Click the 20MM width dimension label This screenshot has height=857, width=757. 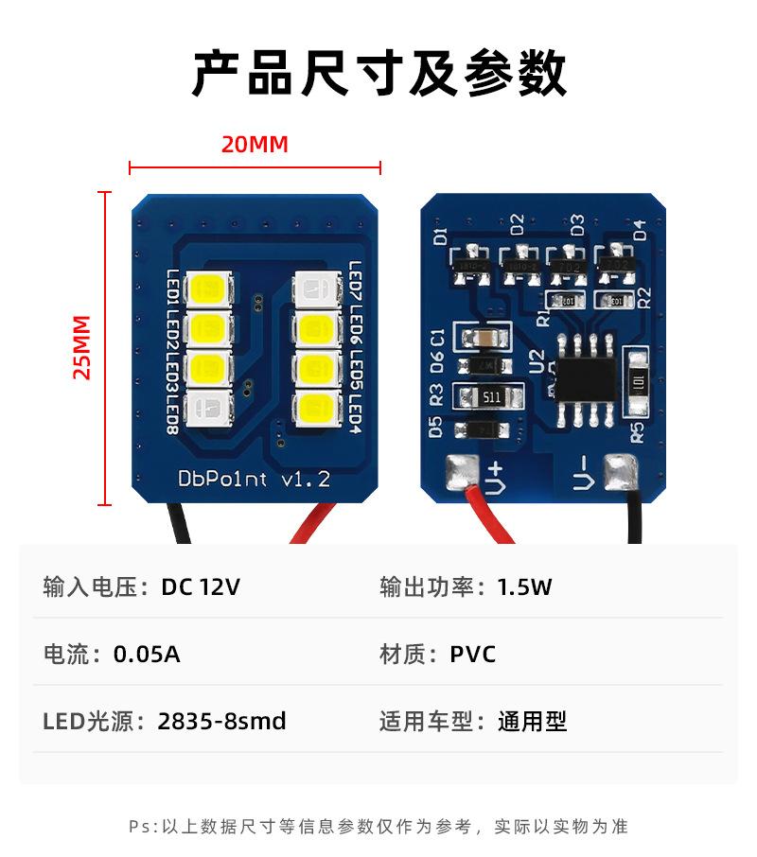[x=254, y=145]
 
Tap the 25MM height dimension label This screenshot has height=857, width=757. [x=83, y=346]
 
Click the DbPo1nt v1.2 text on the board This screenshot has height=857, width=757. [x=254, y=480]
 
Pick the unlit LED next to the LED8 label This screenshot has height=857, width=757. [x=208, y=409]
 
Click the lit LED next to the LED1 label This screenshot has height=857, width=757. [x=208, y=288]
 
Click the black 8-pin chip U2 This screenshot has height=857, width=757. [x=586, y=379]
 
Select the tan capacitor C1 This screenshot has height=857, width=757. [x=483, y=338]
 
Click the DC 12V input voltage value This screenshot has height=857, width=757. [x=200, y=587]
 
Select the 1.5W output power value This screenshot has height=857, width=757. [x=524, y=587]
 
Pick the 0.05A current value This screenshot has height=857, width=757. [x=147, y=655]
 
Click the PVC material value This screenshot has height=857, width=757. [x=472, y=655]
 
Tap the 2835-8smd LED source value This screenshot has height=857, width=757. [x=221, y=722]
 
